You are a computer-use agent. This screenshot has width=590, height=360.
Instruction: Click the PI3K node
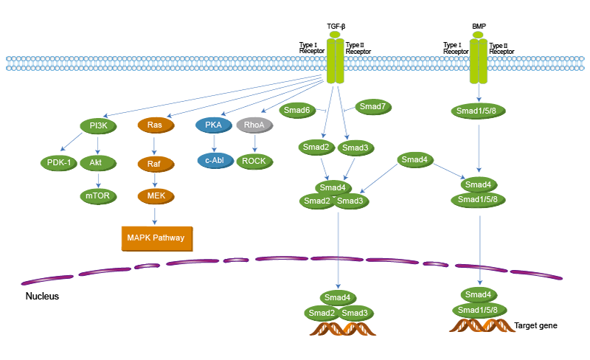pyautogui.click(x=98, y=126)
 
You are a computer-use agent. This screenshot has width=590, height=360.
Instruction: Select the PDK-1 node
pyautogui.click(x=59, y=162)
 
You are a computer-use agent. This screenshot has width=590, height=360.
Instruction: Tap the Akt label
pyautogui.click(x=96, y=162)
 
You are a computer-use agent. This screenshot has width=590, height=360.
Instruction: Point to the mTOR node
pyautogui.click(x=97, y=196)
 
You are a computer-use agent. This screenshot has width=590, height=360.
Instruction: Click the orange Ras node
pyautogui.click(x=155, y=125)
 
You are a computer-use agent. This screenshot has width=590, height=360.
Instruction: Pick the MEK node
pyautogui.click(x=156, y=196)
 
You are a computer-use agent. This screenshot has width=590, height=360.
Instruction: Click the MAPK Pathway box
pyautogui.click(x=156, y=238)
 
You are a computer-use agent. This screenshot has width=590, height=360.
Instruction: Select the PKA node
pyautogui.click(x=214, y=125)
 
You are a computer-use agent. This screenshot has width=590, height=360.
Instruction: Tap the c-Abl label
pyautogui.click(x=215, y=160)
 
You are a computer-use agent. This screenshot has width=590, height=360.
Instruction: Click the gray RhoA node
pyautogui.click(x=254, y=125)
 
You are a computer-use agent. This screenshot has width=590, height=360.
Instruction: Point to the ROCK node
pyautogui.click(x=254, y=161)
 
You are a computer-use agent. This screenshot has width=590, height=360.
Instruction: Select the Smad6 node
pyautogui.click(x=296, y=110)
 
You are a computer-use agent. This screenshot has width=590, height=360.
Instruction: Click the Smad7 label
pyautogui.click(x=373, y=107)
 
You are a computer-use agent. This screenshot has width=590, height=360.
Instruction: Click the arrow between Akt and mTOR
pyautogui.click(x=97, y=179)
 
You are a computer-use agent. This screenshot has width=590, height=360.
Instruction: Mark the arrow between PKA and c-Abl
pyautogui.click(x=214, y=142)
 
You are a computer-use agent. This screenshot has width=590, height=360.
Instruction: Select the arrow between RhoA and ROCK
pyautogui.click(x=254, y=143)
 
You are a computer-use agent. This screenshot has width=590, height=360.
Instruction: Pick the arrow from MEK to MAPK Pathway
pyautogui.click(x=156, y=215)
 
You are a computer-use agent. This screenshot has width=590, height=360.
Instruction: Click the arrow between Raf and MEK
pyautogui.click(x=155, y=181)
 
